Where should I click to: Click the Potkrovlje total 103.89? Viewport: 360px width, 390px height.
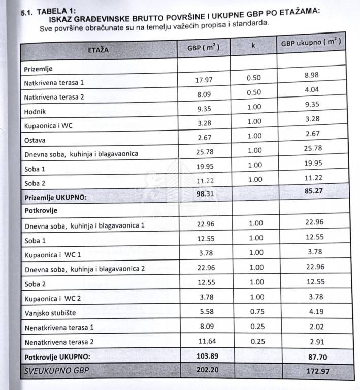point(207,356)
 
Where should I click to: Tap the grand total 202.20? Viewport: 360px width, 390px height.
point(207,370)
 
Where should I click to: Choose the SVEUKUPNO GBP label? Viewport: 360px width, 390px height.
point(56,371)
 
